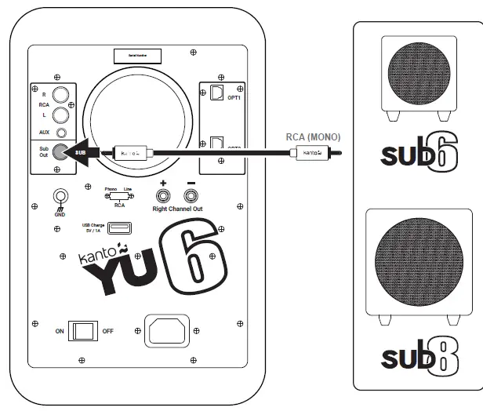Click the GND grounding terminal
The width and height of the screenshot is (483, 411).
pos(58,196)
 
